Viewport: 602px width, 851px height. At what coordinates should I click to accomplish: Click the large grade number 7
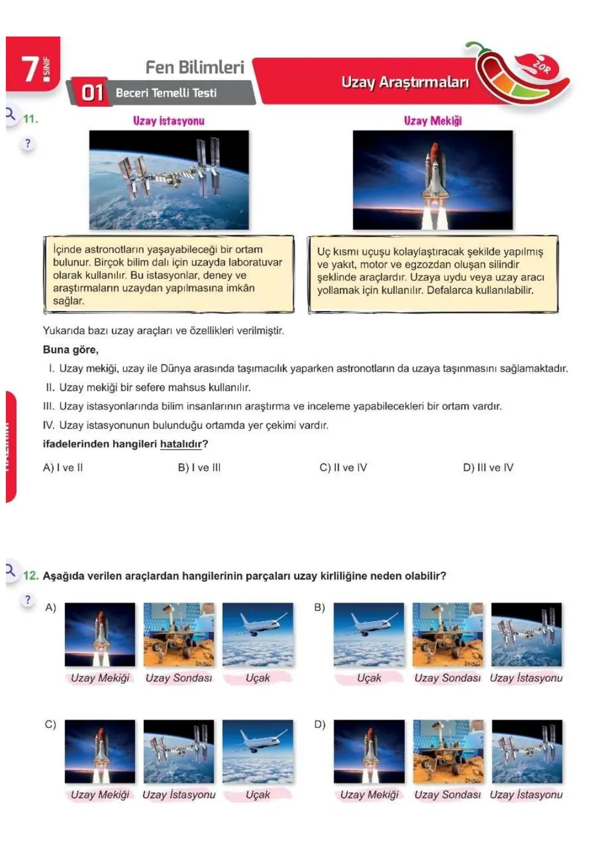[x=30, y=69]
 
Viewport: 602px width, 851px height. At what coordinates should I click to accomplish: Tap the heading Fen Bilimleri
[x=195, y=67]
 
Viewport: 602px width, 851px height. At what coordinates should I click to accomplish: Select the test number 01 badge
[x=92, y=93]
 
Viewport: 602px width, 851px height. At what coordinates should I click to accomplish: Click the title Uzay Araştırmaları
[x=405, y=82]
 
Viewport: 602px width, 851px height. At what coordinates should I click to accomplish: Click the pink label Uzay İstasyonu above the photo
[x=168, y=121]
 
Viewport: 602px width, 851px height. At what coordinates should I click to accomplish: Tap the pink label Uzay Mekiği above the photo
[x=433, y=121]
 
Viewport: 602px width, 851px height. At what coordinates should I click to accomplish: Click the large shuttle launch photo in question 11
[x=433, y=180]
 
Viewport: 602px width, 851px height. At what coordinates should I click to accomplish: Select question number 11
[x=30, y=119]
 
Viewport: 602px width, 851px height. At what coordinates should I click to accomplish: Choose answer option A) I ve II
[x=63, y=468]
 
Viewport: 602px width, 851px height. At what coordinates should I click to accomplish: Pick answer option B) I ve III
[x=199, y=468]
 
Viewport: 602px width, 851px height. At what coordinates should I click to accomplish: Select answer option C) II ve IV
[x=343, y=468]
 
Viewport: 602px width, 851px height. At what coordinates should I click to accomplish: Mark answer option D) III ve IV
[x=488, y=468]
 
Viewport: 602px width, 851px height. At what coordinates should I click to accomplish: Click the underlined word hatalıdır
[x=181, y=444]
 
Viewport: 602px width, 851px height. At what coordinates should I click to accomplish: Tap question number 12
[x=31, y=576]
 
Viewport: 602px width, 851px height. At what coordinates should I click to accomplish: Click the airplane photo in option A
[x=258, y=634]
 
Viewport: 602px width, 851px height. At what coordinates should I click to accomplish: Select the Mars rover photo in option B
[x=448, y=634]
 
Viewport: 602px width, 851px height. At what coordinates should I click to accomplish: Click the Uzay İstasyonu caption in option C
[x=179, y=795]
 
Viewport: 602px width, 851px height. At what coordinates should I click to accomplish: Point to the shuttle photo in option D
[x=369, y=751]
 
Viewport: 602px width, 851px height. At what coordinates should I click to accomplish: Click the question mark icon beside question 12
[x=28, y=600]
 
